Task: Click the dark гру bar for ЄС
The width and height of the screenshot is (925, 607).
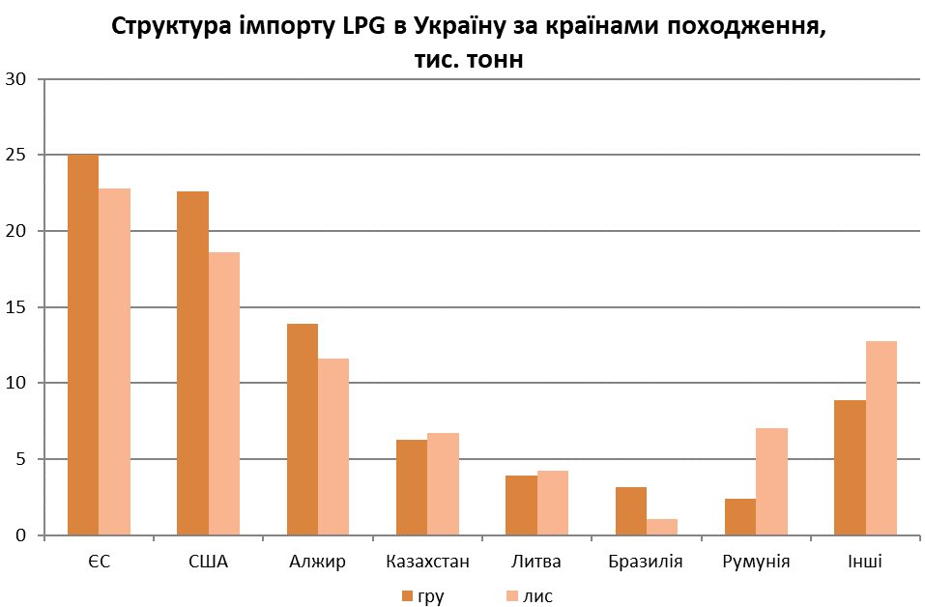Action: (x=83, y=344)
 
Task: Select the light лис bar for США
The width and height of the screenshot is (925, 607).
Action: (x=224, y=393)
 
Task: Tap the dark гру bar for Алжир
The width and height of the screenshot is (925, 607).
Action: (x=303, y=429)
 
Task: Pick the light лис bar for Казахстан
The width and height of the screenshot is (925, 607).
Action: (x=443, y=484)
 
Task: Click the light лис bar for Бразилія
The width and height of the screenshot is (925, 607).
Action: (x=662, y=527)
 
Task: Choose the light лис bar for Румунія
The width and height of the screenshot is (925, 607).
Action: (x=771, y=481)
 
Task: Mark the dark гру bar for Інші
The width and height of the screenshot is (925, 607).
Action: (x=850, y=467)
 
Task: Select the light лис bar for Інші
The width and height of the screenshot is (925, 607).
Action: (x=882, y=438)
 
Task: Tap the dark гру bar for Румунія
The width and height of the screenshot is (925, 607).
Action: (x=739, y=516)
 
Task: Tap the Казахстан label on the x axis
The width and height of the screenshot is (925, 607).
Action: (x=427, y=562)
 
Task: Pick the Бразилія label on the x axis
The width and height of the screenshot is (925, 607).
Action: (x=646, y=562)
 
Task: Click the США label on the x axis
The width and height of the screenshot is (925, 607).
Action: (x=208, y=562)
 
